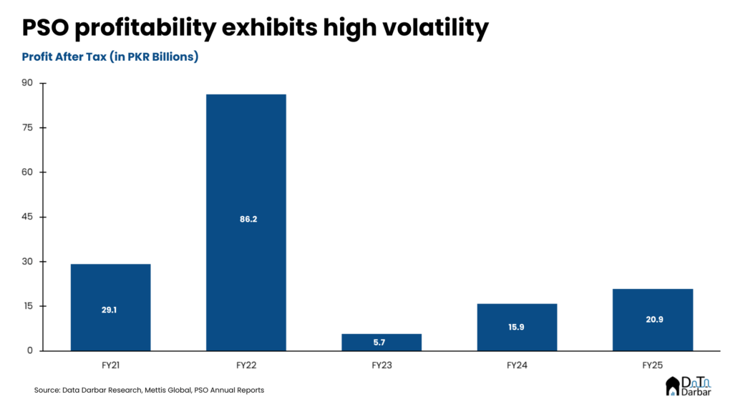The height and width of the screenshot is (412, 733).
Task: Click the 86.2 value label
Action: point(246,219)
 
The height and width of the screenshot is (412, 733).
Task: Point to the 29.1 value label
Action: point(110,310)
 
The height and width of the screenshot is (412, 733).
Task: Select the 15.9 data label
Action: point(517,327)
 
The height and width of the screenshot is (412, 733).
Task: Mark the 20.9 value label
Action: point(653,319)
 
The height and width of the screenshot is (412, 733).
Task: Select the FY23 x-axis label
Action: point(382,365)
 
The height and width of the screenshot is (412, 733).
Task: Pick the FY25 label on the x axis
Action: point(653,365)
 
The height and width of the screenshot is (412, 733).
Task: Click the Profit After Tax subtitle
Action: point(110,57)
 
